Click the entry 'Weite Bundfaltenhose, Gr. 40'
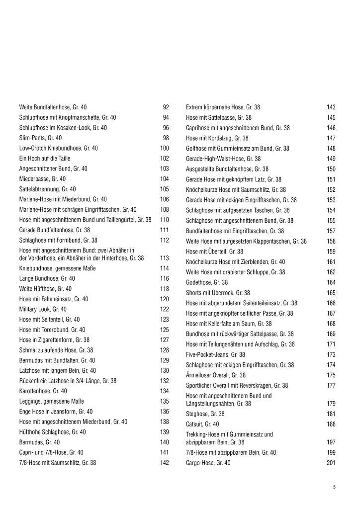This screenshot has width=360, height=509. click(x=53, y=107)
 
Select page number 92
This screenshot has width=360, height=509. click(x=166, y=107)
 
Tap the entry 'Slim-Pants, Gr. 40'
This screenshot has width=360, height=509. click(x=40, y=138)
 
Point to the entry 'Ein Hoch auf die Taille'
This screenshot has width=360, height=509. click(x=46, y=158)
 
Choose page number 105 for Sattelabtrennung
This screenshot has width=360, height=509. click(x=165, y=189)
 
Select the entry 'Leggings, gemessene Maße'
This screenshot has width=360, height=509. click(x=52, y=401)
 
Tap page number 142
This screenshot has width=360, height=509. click(x=165, y=462)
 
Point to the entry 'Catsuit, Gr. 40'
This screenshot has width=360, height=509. click(x=202, y=424)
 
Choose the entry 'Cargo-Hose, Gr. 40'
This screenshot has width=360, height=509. click(x=208, y=463)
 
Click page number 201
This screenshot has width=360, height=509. click(x=331, y=463)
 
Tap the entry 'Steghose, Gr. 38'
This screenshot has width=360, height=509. click(x=205, y=414)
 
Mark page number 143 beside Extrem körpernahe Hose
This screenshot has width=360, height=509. click(x=331, y=107)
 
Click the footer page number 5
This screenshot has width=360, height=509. click(x=334, y=487)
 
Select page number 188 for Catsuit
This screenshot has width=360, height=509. click(x=331, y=424)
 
